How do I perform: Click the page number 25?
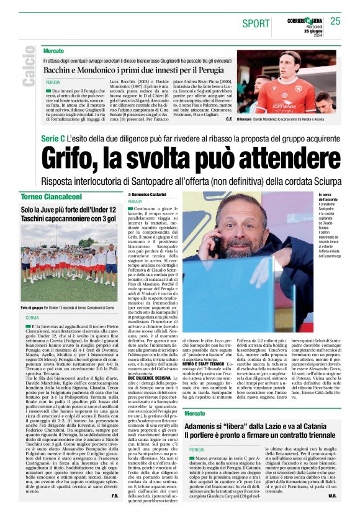(x=336, y=21)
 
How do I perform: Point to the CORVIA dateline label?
(x=32, y=318)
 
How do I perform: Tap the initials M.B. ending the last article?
(x=332, y=513)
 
